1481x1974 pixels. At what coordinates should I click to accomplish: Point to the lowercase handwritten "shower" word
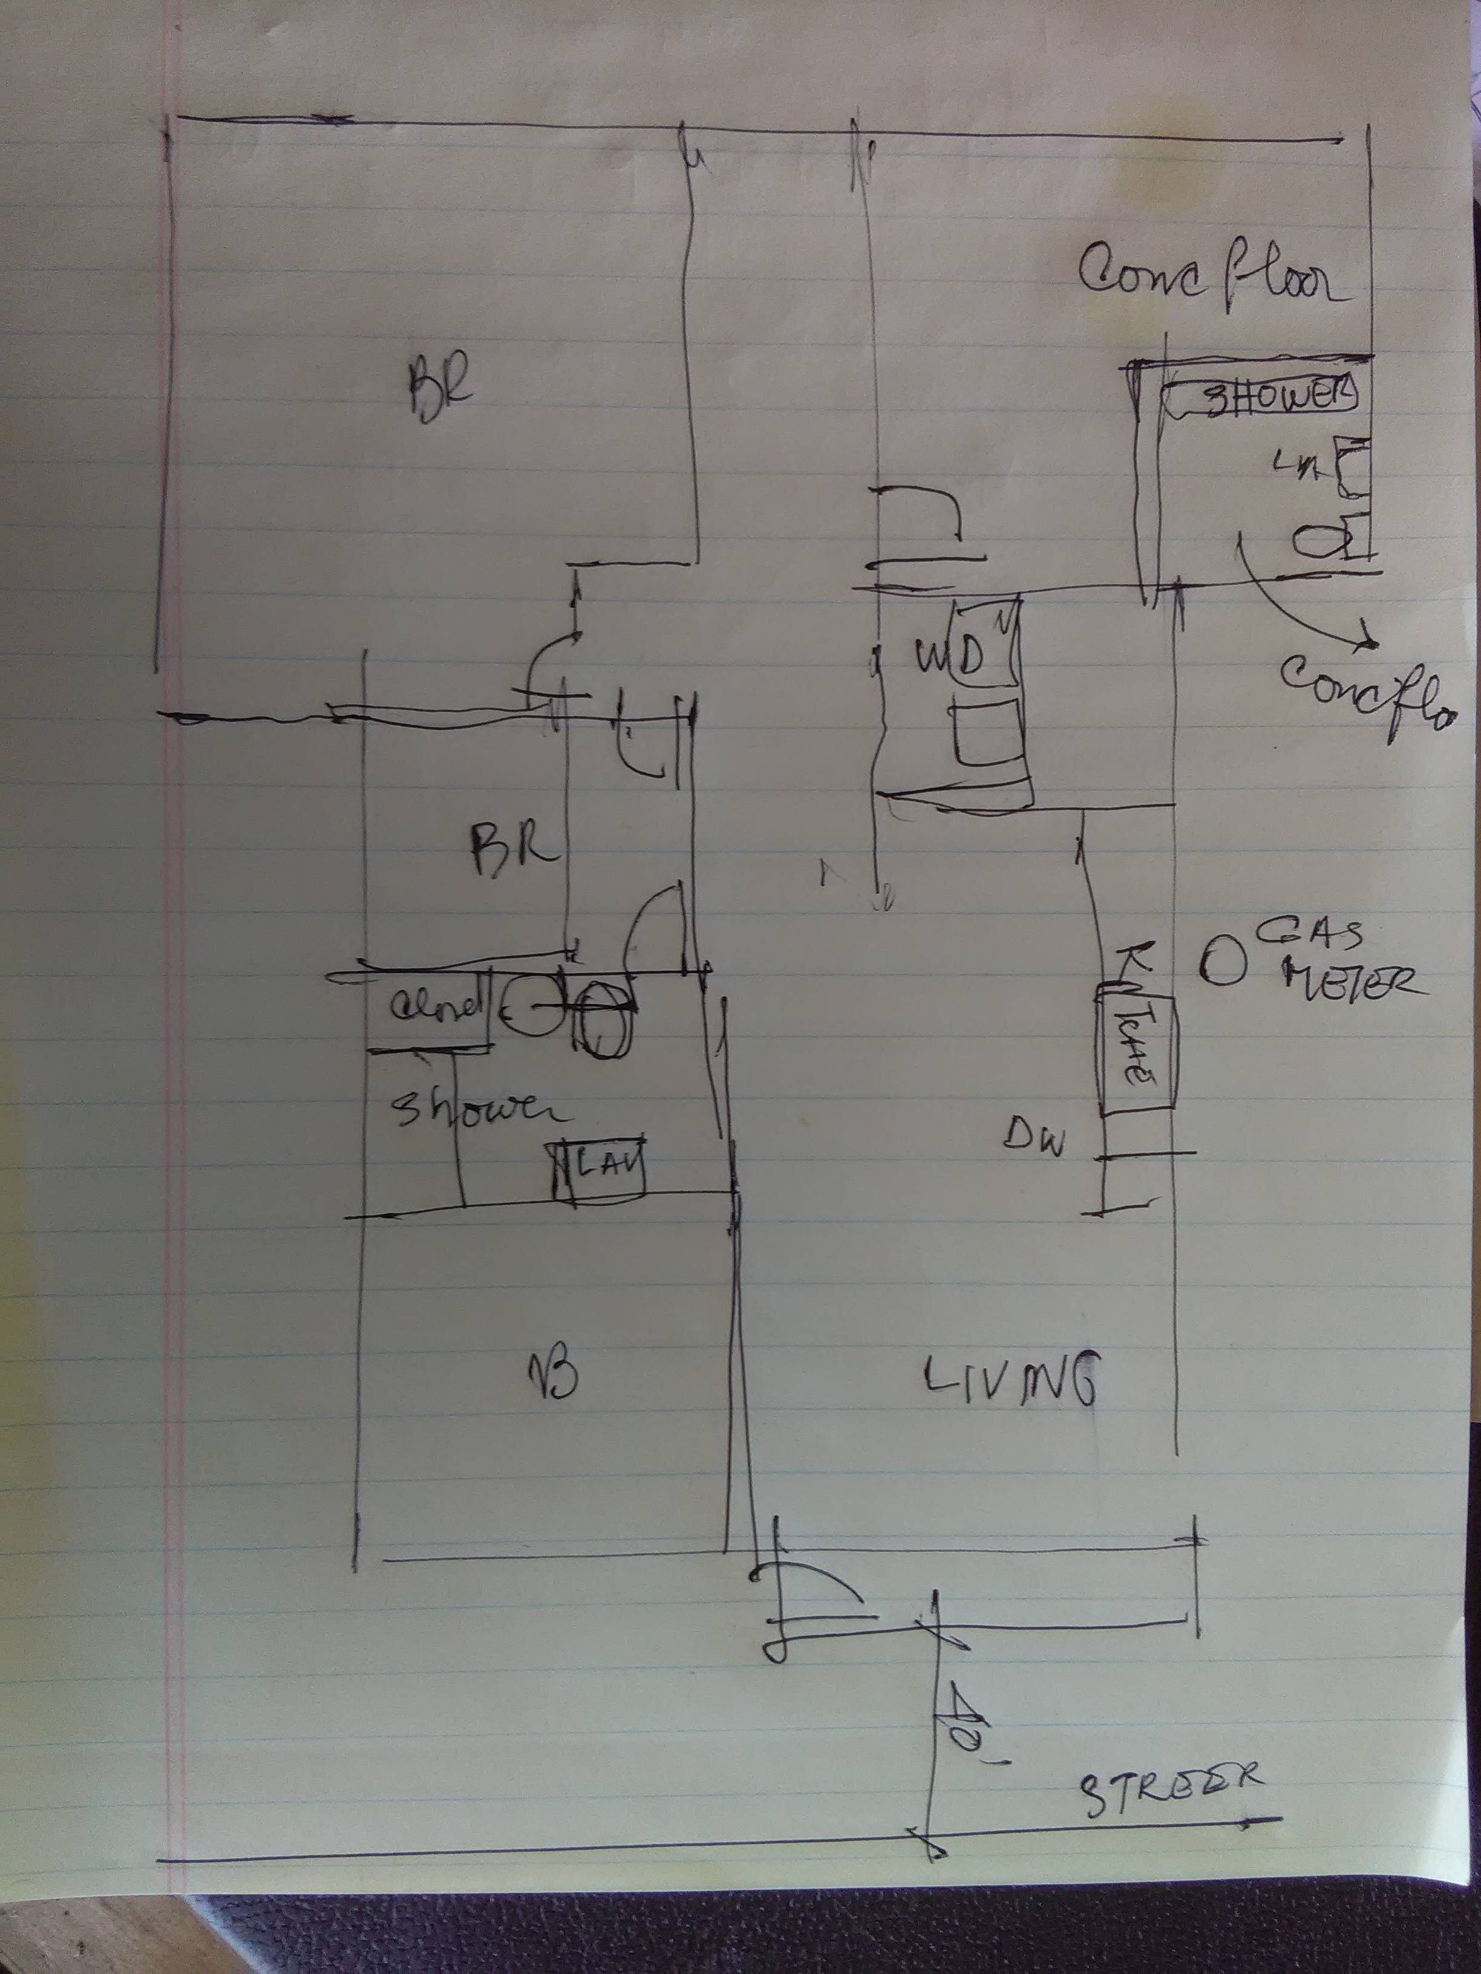tap(477, 1110)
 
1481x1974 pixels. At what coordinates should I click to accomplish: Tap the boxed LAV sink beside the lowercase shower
tap(598, 1163)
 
